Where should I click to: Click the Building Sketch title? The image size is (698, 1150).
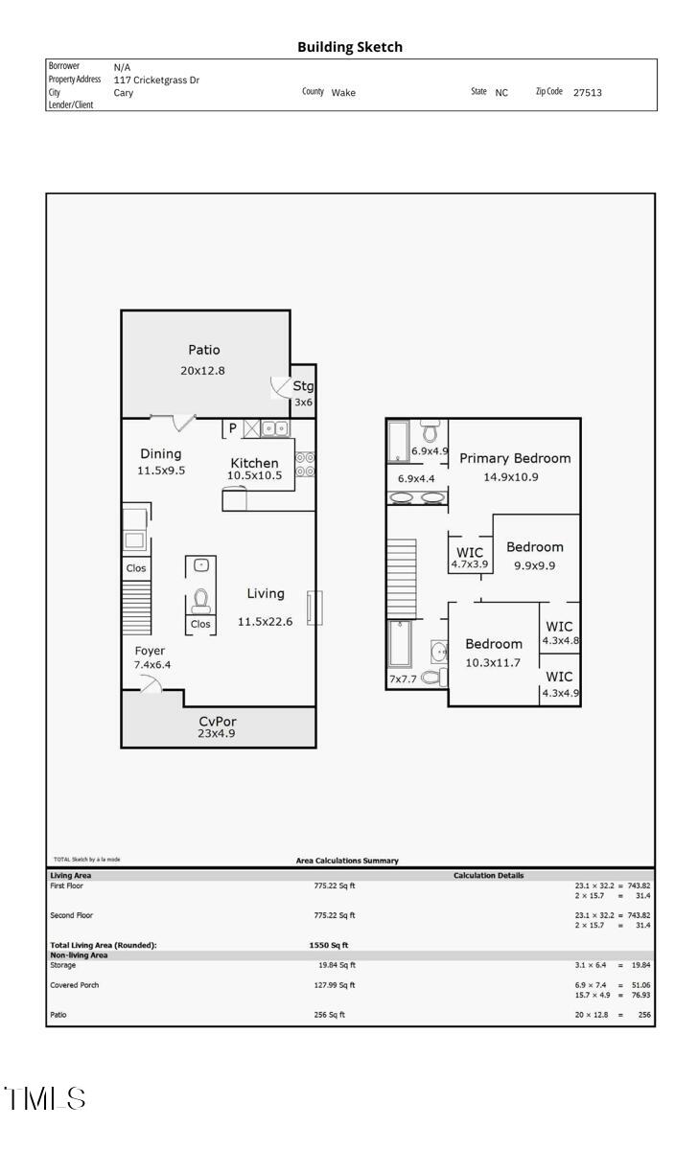(x=350, y=46)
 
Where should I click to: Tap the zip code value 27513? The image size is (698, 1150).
(x=587, y=93)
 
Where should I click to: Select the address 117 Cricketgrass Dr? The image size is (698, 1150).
(x=156, y=80)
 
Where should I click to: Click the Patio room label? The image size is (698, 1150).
(x=202, y=351)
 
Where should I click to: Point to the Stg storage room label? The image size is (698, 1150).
(x=303, y=387)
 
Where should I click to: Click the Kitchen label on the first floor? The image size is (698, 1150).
(x=254, y=463)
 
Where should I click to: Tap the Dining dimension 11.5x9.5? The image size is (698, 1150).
(x=160, y=471)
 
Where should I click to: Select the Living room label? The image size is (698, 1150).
(x=265, y=594)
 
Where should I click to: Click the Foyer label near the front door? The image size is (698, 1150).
(x=150, y=651)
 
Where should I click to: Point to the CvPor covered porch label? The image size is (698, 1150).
(x=217, y=721)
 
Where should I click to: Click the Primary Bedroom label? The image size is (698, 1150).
(x=514, y=458)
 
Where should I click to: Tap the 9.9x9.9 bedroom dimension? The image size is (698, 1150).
(x=534, y=565)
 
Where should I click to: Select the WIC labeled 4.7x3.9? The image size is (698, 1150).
(x=470, y=564)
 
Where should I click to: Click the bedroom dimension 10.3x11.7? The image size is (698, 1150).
(x=493, y=662)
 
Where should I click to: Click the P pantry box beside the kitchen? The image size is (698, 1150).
(x=232, y=428)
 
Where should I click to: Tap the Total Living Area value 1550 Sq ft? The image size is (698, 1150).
(x=328, y=945)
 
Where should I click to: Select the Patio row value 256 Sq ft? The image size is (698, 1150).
(x=329, y=1015)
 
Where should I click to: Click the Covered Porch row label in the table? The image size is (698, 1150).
(x=74, y=985)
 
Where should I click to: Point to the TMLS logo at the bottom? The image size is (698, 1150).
(x=44, y=1098)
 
